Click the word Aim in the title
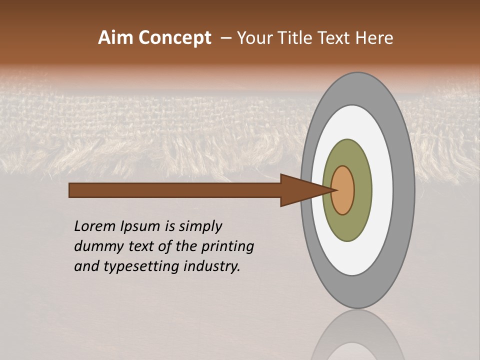tap(116, 38)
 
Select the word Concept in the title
tap(174, 38)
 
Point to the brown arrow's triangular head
tap(300, 190)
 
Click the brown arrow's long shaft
tap(175, 190)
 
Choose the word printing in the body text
tap(227, 247)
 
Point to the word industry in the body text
tap(212, 267)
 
